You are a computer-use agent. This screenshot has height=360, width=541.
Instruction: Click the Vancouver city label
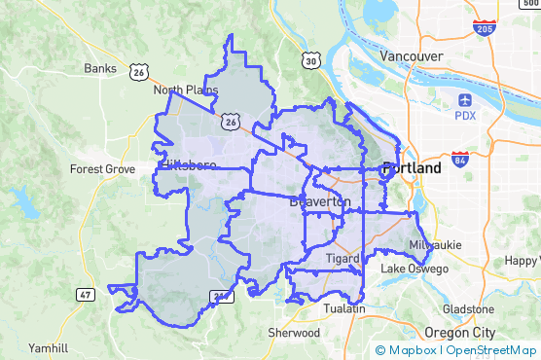412,55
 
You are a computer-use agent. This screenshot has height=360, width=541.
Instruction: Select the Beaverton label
320,200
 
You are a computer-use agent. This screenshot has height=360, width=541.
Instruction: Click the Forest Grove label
102,168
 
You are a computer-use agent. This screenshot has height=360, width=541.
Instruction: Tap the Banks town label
100,68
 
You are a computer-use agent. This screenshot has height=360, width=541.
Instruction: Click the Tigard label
343,259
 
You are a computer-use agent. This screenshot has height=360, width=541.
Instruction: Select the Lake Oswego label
415,269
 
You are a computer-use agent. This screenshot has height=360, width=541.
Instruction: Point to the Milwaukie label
431,243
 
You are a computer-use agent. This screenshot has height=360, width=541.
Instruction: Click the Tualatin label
344,308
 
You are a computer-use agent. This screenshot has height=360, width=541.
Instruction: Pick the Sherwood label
294,333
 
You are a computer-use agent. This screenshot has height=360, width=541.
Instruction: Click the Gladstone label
468,308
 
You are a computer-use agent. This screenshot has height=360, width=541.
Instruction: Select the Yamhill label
48,347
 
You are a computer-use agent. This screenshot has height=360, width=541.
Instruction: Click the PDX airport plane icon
465,100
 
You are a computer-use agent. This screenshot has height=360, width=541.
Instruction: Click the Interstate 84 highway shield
459,158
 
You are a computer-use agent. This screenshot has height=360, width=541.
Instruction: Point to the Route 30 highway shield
310,61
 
